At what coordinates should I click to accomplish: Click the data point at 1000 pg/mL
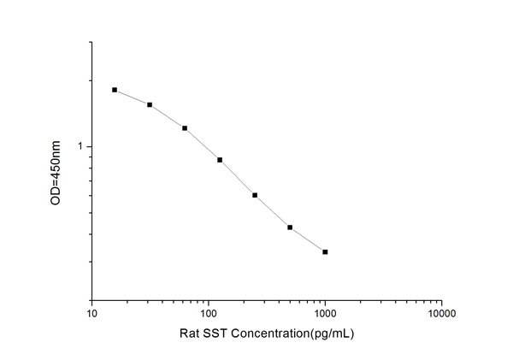325,251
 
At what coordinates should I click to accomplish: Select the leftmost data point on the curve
115,90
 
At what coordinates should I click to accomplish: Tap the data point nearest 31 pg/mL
150,105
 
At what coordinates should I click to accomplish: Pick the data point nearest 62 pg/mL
185,128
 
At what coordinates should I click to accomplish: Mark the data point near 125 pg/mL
220,160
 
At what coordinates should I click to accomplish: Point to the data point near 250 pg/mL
255,195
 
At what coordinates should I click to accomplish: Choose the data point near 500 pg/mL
290,227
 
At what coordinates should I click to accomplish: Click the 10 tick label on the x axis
91,313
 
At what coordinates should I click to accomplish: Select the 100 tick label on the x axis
208,313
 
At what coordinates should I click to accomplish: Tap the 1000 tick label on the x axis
324,313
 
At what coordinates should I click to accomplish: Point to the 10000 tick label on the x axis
440,313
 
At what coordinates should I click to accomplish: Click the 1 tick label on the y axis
82,147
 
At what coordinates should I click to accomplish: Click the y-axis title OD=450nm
57,172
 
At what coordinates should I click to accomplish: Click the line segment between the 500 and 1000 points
308,240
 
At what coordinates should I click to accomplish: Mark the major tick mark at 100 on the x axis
209,298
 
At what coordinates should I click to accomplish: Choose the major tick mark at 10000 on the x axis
441,298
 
